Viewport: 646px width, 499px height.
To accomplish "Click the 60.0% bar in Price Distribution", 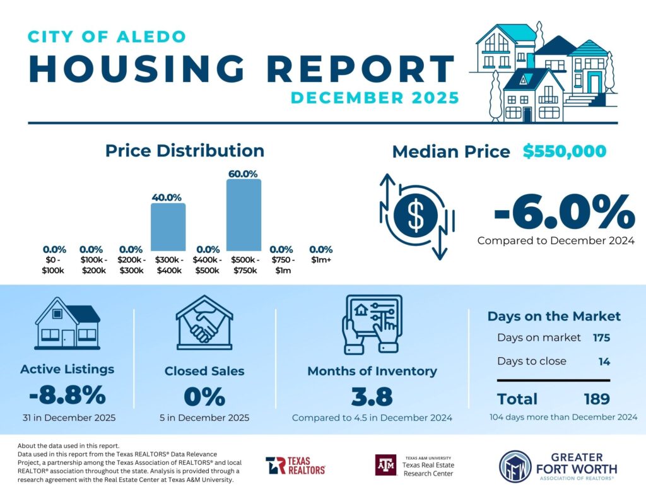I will [x=244, y=215].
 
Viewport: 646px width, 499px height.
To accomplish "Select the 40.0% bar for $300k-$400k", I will [x=168, y=227].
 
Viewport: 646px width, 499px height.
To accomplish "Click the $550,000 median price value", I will [x=565, y=151].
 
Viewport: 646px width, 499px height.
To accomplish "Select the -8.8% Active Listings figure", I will [x=67, y=396].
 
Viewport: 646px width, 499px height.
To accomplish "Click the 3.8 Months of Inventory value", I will [x=372, y=397].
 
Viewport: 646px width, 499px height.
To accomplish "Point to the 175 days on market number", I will [x=601, y=338].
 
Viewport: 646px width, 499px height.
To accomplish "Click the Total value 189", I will [x=596, y=399].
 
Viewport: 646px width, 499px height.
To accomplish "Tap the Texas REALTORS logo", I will [x=295, y=466].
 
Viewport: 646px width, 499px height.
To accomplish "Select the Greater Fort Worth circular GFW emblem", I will [x=514, y=466].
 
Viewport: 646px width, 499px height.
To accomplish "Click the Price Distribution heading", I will [x=184, y=151].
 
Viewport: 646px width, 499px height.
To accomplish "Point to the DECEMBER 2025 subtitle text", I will [x=375, y=98].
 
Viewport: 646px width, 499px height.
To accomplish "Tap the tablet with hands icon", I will [x=372, y=323].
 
